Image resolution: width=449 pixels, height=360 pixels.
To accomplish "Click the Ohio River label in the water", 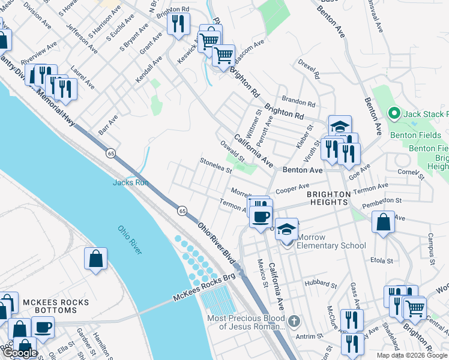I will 130,240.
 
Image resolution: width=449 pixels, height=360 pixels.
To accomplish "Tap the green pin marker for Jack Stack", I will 394,113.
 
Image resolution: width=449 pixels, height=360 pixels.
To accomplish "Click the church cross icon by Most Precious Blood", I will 293,321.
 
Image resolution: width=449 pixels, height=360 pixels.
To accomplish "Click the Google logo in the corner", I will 20,353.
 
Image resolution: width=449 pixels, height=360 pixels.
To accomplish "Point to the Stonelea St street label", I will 216,166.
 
